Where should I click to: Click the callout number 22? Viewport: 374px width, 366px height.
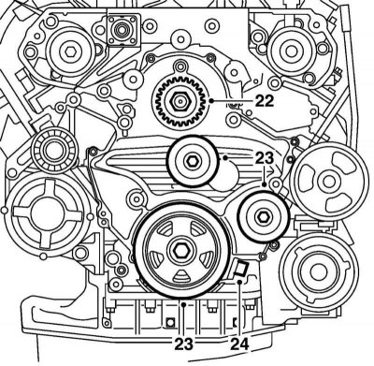tap(265, 100)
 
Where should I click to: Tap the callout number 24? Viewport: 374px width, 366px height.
tap(239, 344)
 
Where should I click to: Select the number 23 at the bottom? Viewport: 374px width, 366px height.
tap(183, 344)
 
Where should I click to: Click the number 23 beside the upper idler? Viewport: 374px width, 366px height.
tap(265, 158)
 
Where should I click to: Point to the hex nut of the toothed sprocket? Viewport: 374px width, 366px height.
tap(180, 101)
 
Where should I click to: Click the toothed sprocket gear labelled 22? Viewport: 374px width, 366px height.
tap(180, 101)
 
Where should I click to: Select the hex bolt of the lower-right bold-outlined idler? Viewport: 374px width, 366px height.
tap(262, 216)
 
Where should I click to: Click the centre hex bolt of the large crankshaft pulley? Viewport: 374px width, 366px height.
tap(181, 250)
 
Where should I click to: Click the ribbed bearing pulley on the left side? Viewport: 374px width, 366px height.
tap(53, 151)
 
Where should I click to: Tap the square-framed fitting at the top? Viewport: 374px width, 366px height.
tap(122, 30)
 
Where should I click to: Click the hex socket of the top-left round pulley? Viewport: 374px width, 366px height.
tap(69, 51)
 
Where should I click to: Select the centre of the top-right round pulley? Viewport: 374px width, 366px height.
tap(290, 51)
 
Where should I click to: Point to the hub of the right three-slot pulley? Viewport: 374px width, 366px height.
tap(327, 182)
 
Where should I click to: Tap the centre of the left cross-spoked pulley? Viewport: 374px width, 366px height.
tap(47, 214)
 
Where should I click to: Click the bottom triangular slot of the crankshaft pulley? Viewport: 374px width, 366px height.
tap(181, 275)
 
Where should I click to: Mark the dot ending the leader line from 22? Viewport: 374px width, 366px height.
tap(211, 100)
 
